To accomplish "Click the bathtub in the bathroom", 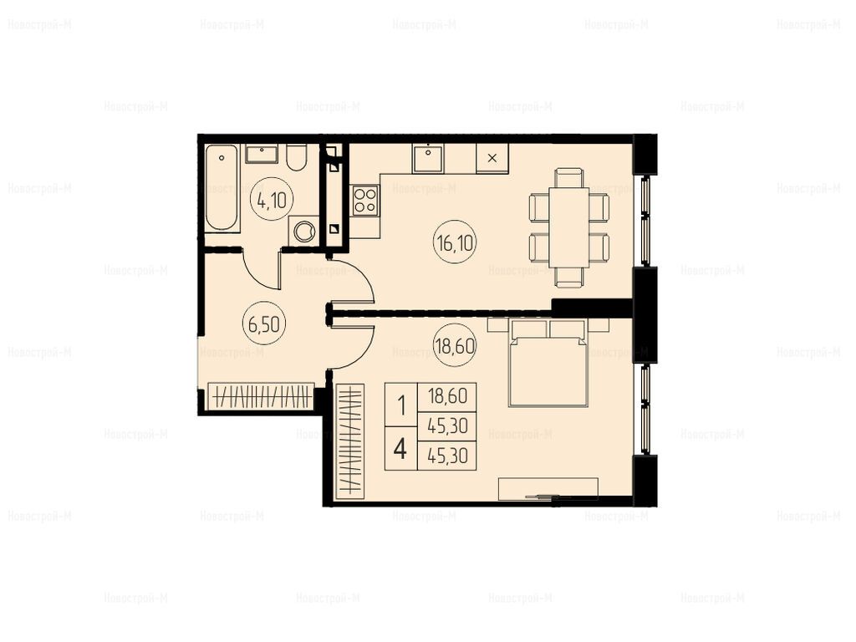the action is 222,188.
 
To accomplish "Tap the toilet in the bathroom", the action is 297,157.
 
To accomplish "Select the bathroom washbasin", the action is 262,154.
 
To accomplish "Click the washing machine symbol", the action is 304,232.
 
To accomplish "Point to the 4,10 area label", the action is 272,201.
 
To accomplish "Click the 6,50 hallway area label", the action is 264,324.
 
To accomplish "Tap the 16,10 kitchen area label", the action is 455,242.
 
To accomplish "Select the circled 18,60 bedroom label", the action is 455,345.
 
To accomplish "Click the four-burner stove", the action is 364,201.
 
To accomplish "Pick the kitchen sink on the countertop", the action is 428,158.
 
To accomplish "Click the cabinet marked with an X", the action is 492,158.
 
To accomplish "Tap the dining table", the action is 568,227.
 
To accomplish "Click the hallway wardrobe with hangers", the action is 261,396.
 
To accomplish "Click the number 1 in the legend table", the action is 401,405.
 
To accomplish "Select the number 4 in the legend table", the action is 400,449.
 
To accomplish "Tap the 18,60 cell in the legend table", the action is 447,395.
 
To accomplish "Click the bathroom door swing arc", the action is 257,271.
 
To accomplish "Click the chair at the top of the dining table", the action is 568,178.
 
